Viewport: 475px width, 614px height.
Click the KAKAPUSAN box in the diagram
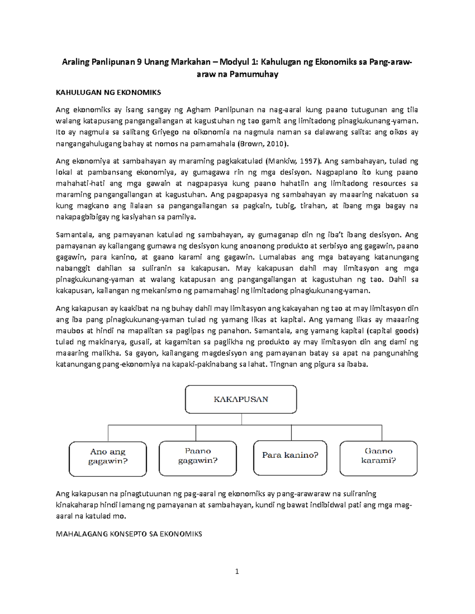tap(241, 399)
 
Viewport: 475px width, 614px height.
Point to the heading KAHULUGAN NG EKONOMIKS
tap(108, 93)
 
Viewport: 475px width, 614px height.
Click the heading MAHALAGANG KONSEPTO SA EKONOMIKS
tap(129, 534)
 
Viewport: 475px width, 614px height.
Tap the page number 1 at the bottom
tap(237, 571)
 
